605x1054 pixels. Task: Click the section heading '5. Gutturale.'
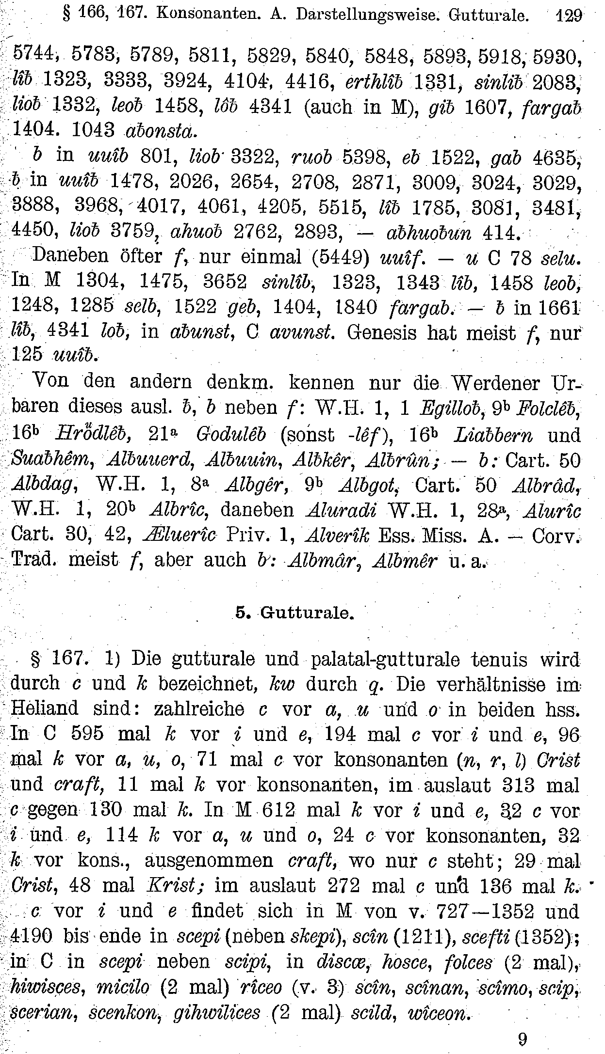pos(295,613)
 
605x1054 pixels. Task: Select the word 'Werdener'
pos(491,383)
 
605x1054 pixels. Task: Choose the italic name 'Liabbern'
pos(492,435)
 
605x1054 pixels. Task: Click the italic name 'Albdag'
pos(42,486)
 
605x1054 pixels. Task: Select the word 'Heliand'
pos(44,708)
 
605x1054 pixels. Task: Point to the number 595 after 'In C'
pos(87,734)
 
